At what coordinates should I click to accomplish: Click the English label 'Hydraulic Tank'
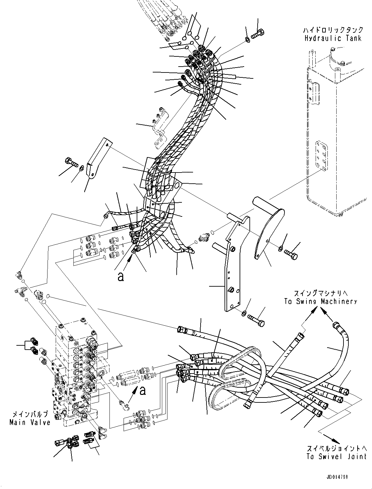[x=333, y=38]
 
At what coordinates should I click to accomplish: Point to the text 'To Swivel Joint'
[x=336, y=457]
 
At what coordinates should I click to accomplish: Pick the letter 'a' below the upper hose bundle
[x=121, y=277]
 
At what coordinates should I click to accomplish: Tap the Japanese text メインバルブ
[x=30, y=414]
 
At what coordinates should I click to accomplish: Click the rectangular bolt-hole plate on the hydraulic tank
[x=321, y=156]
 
